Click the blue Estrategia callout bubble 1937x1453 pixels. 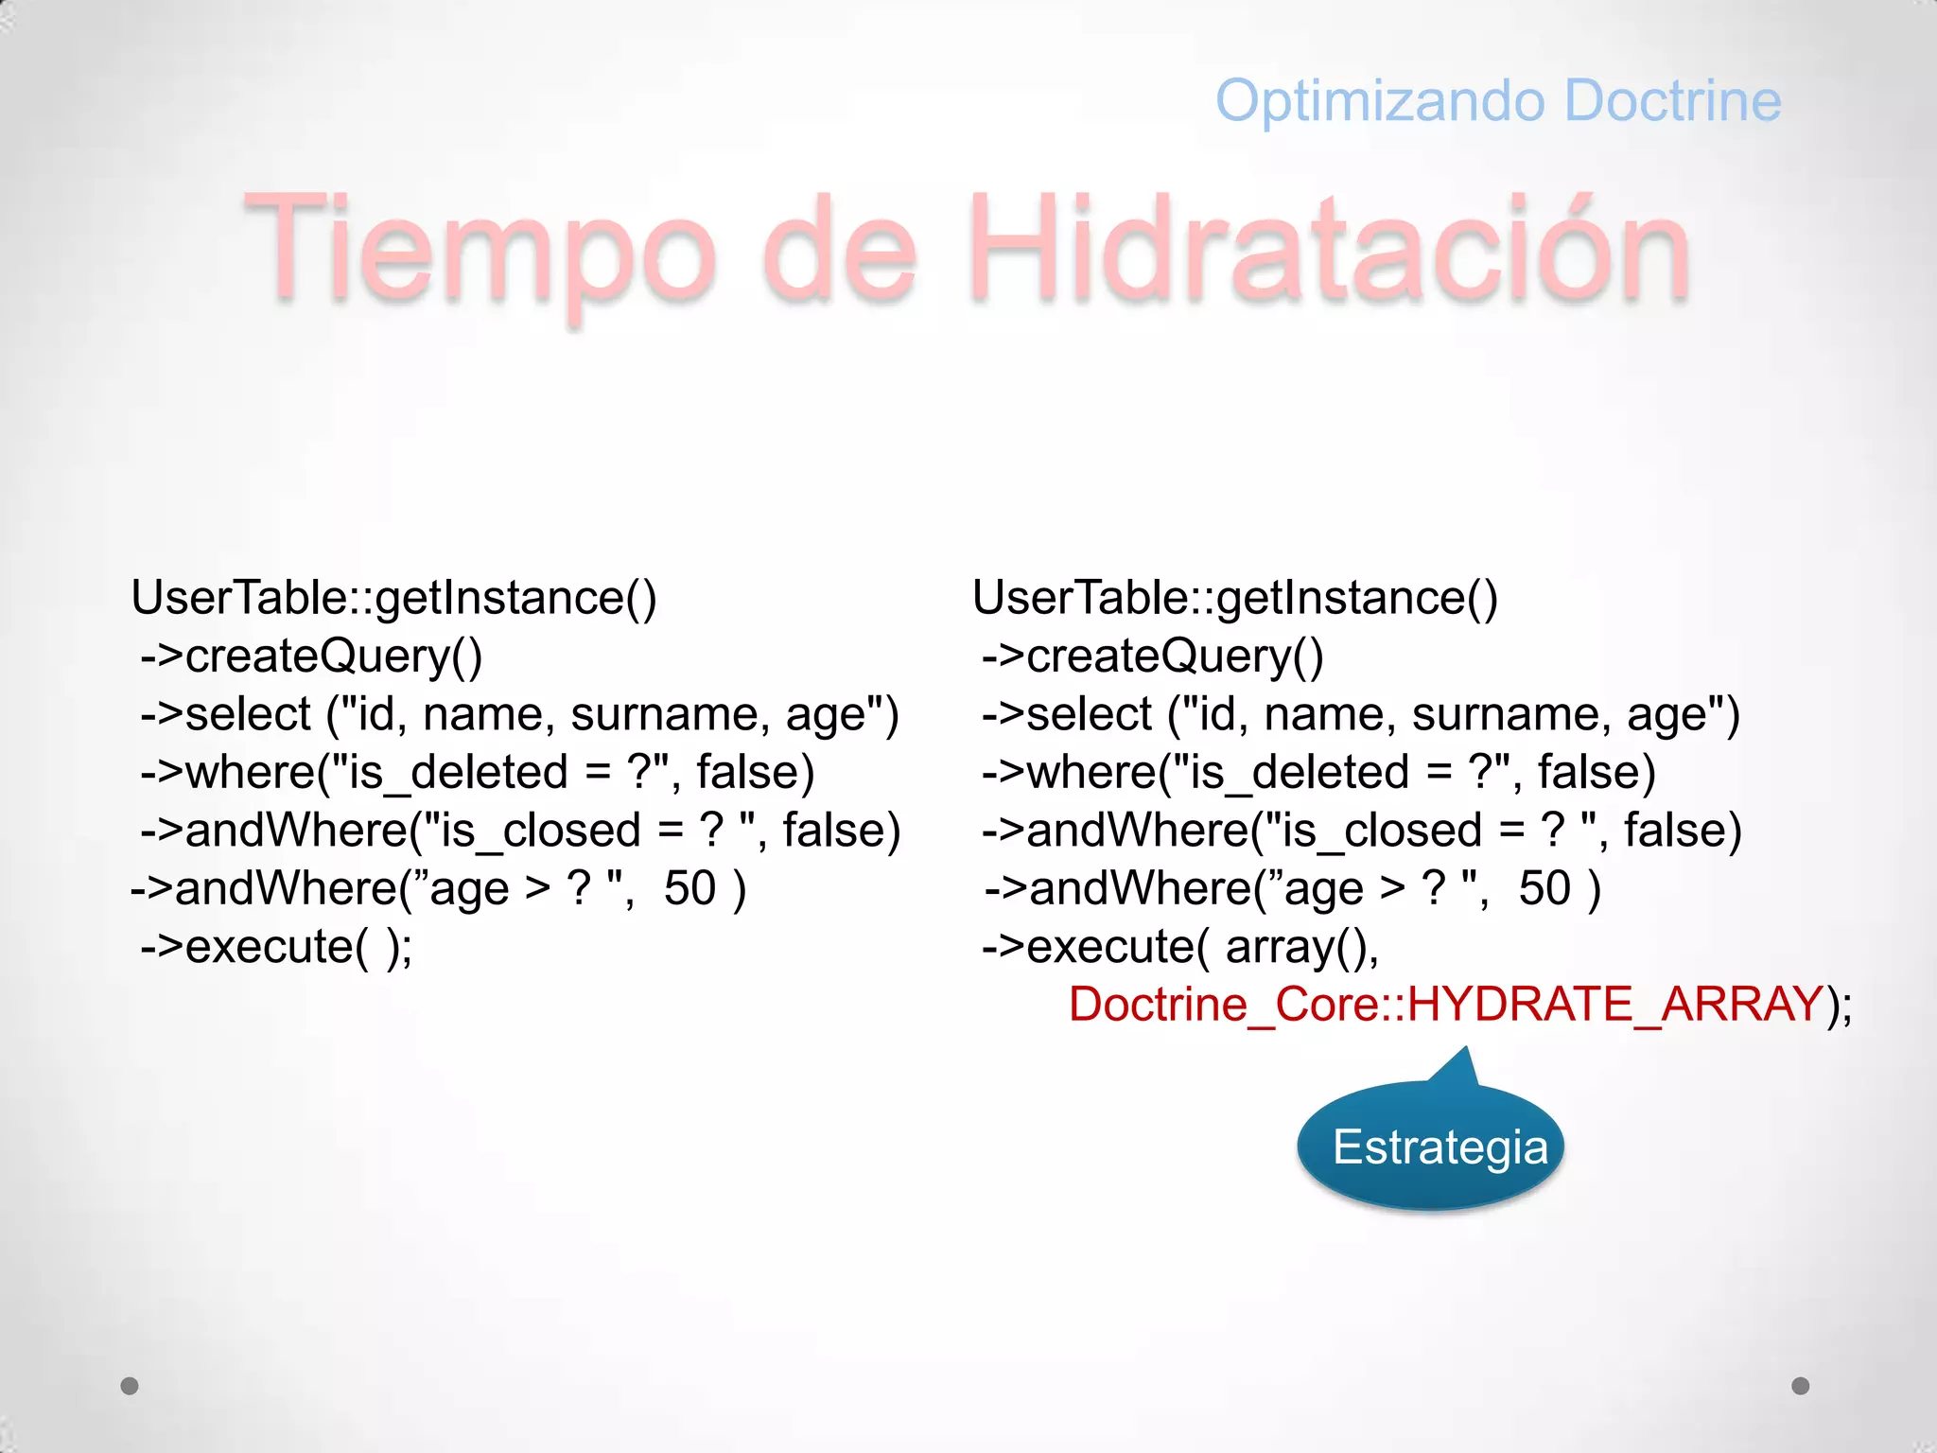pos(1431,1147)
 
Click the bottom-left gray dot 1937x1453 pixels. pos(130,1386)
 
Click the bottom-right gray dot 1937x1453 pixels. pos(1801,1386)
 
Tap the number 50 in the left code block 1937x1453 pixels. pos(689,888)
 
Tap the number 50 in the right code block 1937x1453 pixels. pos(1544,888)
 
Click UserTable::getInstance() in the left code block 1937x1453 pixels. pos(393,598)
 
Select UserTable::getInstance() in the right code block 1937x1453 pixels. pos(1234,598)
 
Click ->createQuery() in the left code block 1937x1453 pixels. pos(312,656)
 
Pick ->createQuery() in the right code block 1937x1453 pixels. pos(1153,656)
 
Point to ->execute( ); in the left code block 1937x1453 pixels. pos(276,946)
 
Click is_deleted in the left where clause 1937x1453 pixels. pos(459,772)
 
